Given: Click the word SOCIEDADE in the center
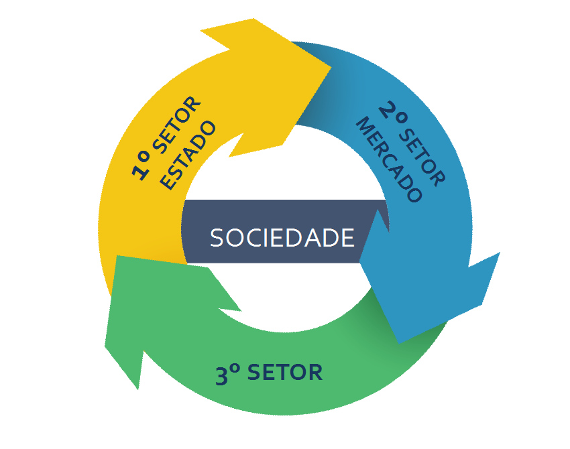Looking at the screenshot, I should (282, 238).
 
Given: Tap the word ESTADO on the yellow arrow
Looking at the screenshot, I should (190, 156).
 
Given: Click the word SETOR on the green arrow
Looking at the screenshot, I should (285, 372).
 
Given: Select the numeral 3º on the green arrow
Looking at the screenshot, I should (228, 375).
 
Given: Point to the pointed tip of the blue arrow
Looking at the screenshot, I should (400, 342).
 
